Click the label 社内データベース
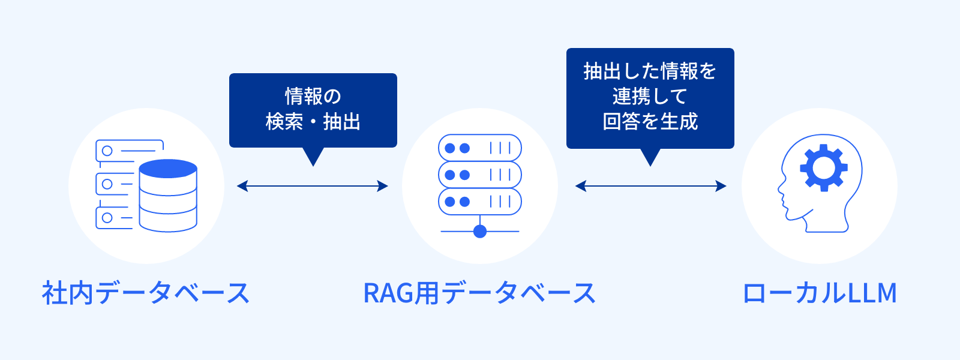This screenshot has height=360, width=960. tap(145, 293)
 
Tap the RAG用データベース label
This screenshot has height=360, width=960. tap(479, 293)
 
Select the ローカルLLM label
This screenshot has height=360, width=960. tap(820, 293)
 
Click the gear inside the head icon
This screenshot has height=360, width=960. tap(824, 168)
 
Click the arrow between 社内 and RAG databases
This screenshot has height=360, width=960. tap(313, 186)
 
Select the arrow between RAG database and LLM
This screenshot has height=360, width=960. tap(650, 186)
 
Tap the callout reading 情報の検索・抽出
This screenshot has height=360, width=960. tap(313, 110)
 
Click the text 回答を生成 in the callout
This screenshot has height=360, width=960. tap(650, 122)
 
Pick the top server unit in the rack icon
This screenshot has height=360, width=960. tap(480, 148)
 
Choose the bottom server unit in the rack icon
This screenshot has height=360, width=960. tap(480, 202)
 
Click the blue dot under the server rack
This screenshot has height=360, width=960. tap(480, 231)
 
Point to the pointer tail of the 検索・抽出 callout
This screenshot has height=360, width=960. tap(313, 157)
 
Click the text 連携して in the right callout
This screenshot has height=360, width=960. tap(650, 97)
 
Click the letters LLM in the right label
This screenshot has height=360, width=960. tap(872, 293)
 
